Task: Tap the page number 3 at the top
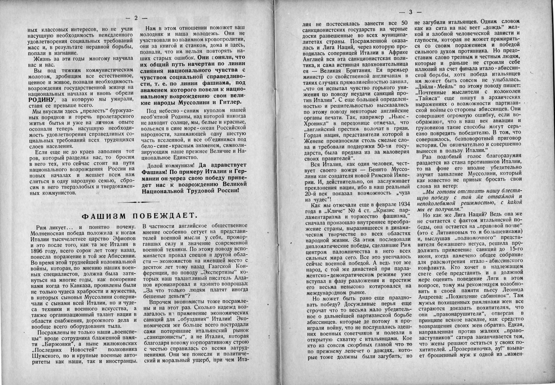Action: (x=410, y=12)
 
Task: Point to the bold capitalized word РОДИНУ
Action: (x=41, y=99)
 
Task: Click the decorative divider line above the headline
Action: (x=139, y=202)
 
